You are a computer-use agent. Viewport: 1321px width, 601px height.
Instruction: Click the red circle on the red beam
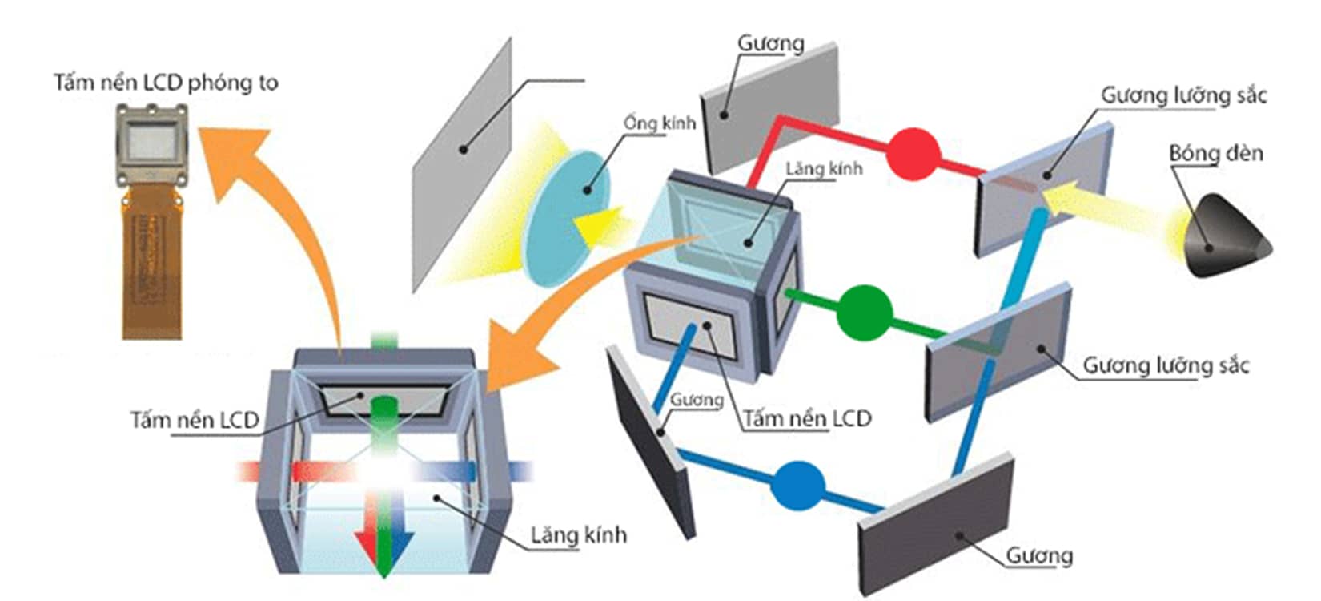click(912, 153)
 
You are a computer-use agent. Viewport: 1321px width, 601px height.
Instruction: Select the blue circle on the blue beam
click(798, 485)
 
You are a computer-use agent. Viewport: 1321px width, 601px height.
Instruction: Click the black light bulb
click(1223, 237)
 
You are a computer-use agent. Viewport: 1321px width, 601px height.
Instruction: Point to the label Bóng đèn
click(1215, 152)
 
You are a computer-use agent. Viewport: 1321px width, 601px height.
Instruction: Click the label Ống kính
click(659, 123)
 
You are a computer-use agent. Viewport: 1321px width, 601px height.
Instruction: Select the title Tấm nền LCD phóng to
click(166, 83)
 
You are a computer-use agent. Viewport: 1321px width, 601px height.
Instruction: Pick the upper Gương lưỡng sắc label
click(1183, 95)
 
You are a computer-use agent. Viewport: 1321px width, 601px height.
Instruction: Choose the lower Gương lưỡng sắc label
click(1166, 365)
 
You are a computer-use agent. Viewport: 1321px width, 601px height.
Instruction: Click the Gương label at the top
click(770, 43)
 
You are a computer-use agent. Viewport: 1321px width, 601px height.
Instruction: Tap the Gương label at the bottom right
click(1039, 555)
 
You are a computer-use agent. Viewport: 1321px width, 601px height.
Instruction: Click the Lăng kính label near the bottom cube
click(578, 535)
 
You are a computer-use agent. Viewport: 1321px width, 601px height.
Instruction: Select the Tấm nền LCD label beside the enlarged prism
click(195, 420)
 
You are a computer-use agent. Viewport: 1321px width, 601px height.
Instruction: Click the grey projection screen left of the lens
click(462, 164)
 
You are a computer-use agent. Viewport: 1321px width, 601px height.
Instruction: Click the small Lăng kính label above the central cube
click(824, 168)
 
